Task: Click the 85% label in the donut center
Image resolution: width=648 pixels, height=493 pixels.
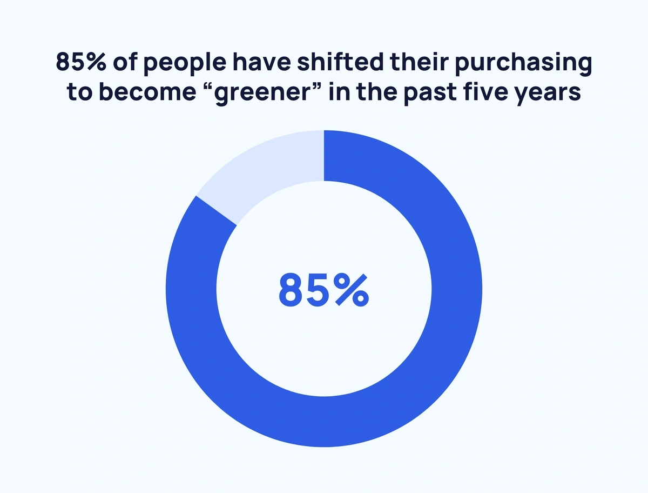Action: tap(324, 290)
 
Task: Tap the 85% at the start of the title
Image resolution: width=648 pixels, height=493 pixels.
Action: tap(81, 62)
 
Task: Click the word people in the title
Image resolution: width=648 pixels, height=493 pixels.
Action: tap(185, 63)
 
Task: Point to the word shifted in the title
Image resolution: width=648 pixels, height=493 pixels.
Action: tap(340, 62)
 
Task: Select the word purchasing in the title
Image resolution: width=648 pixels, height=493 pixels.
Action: tap(523, 63)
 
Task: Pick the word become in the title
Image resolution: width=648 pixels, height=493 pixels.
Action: tap(147, 91)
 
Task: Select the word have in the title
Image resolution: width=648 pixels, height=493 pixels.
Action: tap(261, 62)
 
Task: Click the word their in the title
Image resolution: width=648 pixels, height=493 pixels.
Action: tap(419, 62)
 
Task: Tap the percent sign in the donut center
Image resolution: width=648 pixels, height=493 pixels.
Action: tap(352, 290)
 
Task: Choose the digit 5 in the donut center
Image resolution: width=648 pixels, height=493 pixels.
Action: tap(318, 290)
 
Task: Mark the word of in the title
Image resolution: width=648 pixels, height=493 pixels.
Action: tap(125, 62)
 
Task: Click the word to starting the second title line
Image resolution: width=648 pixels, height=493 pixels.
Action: tap(79, 91)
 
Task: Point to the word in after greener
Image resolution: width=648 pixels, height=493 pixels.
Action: tap(339, 91)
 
